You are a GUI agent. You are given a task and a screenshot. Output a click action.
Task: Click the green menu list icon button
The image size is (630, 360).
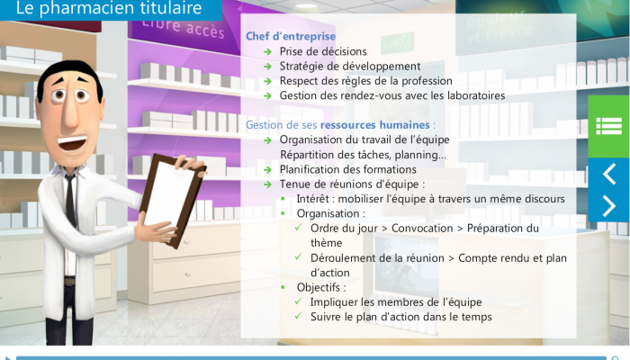click(x=608, y=126)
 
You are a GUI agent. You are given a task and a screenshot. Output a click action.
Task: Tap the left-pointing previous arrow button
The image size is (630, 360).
click(x=608, y=174)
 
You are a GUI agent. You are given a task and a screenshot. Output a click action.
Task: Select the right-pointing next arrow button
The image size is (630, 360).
click(x=608, y=206)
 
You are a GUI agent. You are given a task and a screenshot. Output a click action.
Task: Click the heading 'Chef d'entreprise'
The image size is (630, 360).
click(x=291, y=36)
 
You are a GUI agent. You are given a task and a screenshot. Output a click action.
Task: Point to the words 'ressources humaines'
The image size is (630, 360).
click(x=375, y=125)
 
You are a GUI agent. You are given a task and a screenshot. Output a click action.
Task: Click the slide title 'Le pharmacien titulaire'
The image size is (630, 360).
click(x=109, y=8)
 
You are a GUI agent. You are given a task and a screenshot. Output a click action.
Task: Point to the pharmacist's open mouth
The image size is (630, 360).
click(x=73, y=142)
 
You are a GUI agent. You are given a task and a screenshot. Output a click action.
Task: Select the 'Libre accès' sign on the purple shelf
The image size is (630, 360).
click(x=184, y=27)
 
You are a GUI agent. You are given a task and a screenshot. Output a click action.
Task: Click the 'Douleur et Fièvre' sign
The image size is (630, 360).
click(x=499, y=26)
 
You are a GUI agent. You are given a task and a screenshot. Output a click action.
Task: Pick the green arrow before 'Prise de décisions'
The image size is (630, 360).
click(x=267, y=52)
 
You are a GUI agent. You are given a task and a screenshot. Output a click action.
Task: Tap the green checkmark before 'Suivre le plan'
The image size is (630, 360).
click(x=298, y=316)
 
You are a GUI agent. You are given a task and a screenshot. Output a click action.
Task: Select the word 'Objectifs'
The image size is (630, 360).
click(x=319, y=288)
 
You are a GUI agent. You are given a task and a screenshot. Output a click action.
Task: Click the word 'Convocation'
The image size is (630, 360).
click(x=422, y=229)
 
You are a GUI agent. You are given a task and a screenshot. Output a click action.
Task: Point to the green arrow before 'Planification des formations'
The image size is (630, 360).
click(x=267, y=170)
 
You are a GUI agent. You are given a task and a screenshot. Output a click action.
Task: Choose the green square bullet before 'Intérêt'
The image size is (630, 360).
click(x=283, y=199)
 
